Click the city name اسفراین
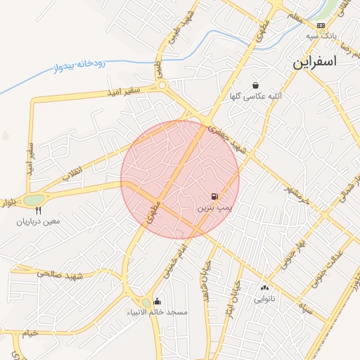click(x=315, y=61)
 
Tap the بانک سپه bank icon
click(x=321, y=25)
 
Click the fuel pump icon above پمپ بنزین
click(x=214, y=198)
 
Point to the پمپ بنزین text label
click(x=213, y=208)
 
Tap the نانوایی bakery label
click(x=265, y=299)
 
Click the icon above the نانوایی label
click(x=264, y=288)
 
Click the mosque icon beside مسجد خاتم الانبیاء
click(x=156, y=302)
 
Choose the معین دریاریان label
click(x=39, y=221)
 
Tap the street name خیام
click(x=30, y=333)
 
